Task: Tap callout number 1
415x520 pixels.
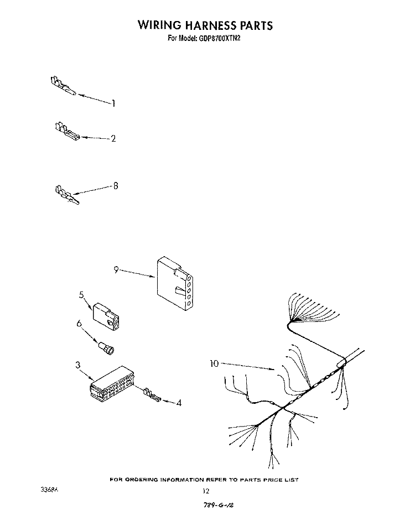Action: (114, 103)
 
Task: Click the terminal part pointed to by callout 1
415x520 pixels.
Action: (63, 86)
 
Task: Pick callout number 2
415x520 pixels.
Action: (113, 139)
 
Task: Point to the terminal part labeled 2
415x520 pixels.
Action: (67, 132)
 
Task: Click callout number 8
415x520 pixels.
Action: (116, 186)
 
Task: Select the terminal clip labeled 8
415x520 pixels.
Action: (66, 195)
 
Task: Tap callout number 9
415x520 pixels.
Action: (116, 270)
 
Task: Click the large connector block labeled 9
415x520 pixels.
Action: (175, 283)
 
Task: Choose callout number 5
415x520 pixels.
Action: (81, 294)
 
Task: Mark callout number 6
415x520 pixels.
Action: (79, 323)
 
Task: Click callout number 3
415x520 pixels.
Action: (77, 365)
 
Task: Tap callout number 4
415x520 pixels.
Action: (179, 403)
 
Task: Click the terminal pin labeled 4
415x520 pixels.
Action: (152, 394)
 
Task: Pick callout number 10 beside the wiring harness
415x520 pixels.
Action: (214, 363)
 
